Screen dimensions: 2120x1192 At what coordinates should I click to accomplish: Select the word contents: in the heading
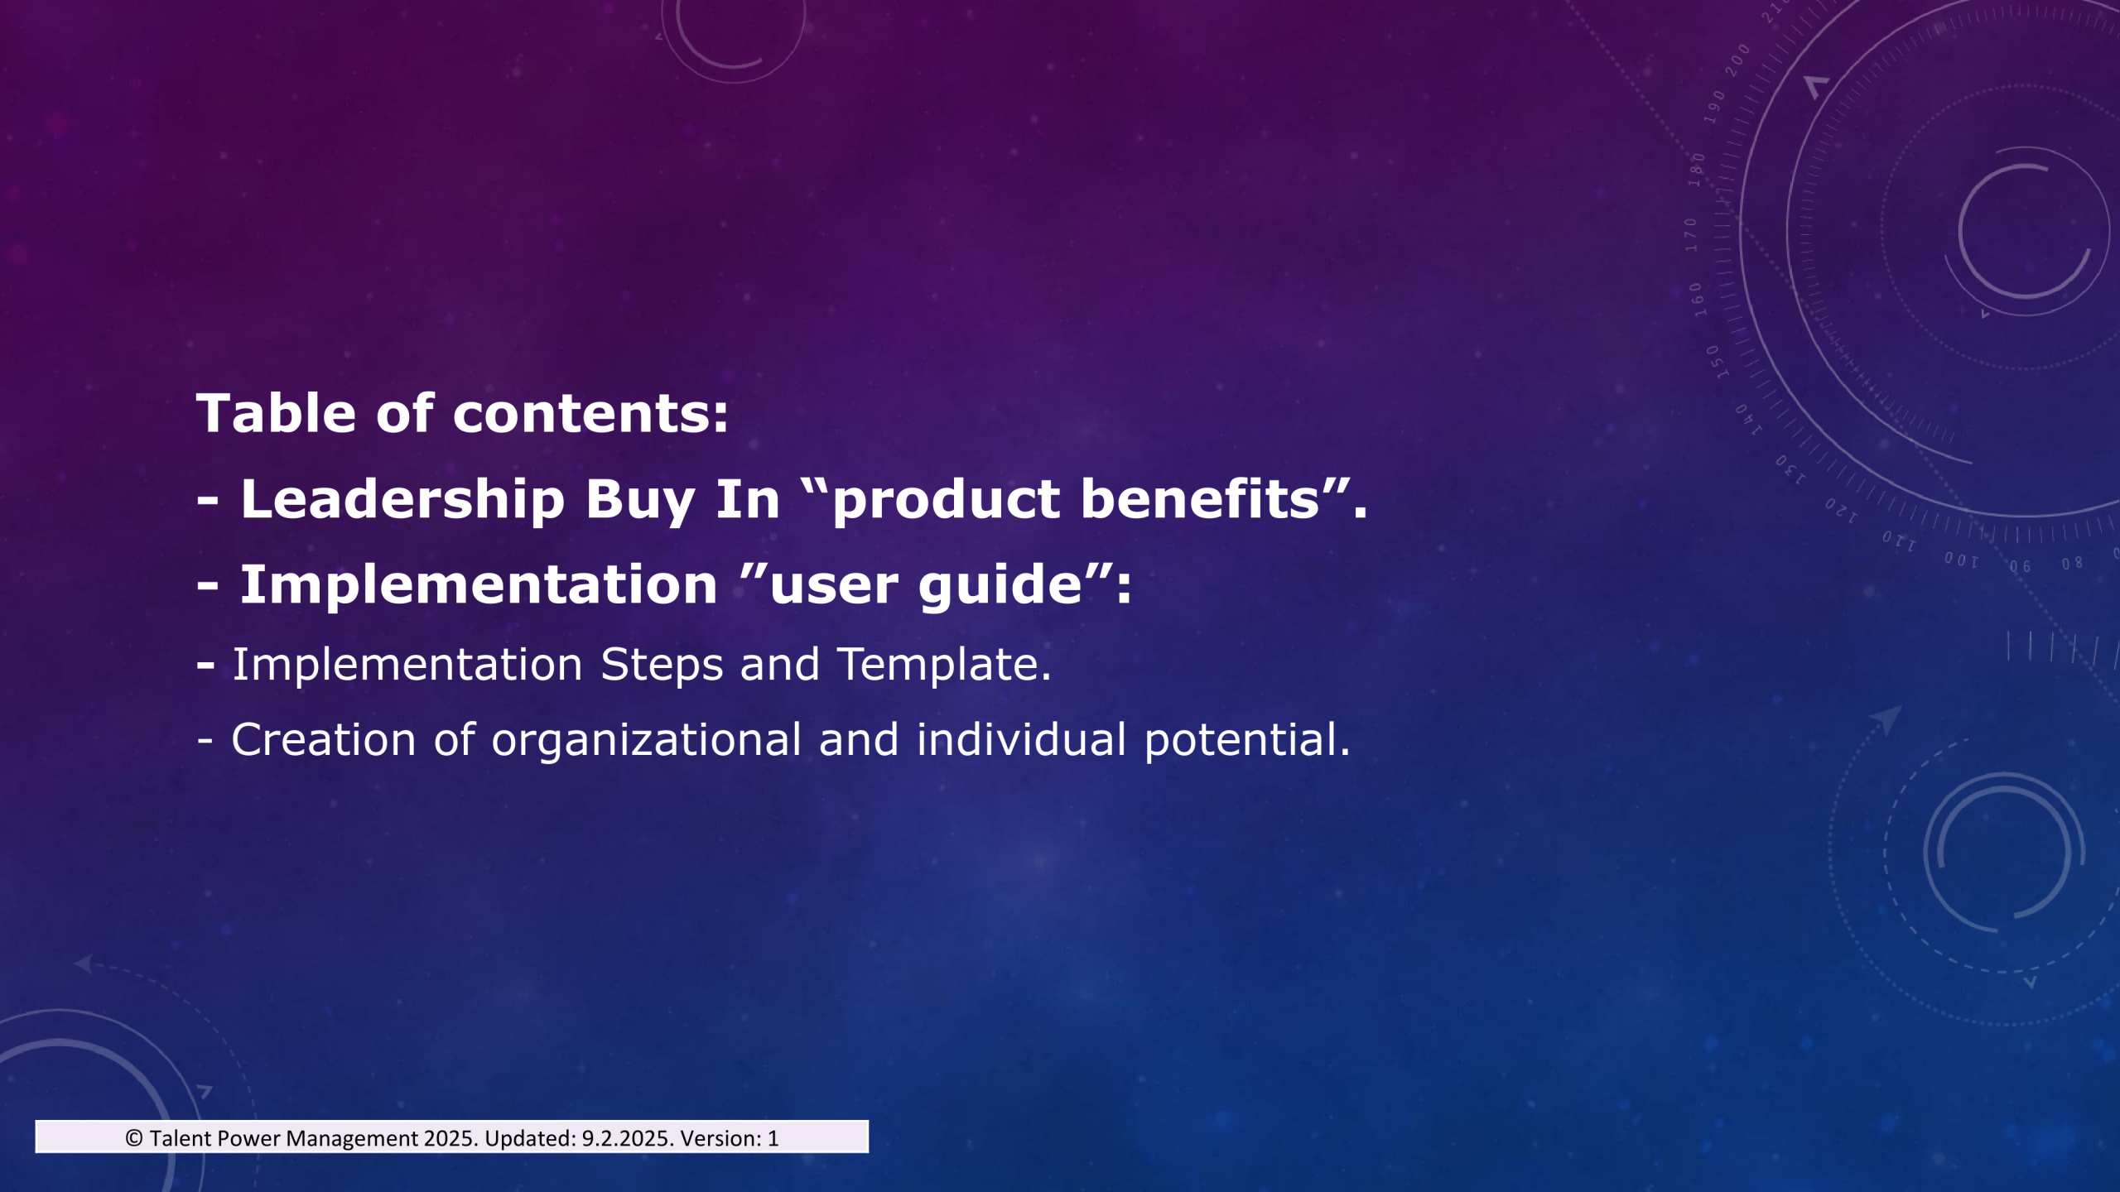tap(590, 414)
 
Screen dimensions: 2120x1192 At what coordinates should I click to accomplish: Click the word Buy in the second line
tap(640, 502)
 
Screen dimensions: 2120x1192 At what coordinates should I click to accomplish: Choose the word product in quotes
tap(946, 502)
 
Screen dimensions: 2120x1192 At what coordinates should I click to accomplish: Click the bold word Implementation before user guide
tap(479, 586)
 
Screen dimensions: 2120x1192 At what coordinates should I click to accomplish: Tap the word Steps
tap(662, 665)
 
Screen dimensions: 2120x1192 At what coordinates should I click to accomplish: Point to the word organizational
tap(646, 740)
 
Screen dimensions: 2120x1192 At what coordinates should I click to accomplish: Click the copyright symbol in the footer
tap(133, 1138)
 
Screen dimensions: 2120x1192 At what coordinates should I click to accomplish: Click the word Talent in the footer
tap(181, 1138)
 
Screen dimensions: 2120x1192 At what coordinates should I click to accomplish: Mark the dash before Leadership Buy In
tap(207, 501)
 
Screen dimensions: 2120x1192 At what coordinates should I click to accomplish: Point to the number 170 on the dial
tap(1691, 234)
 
